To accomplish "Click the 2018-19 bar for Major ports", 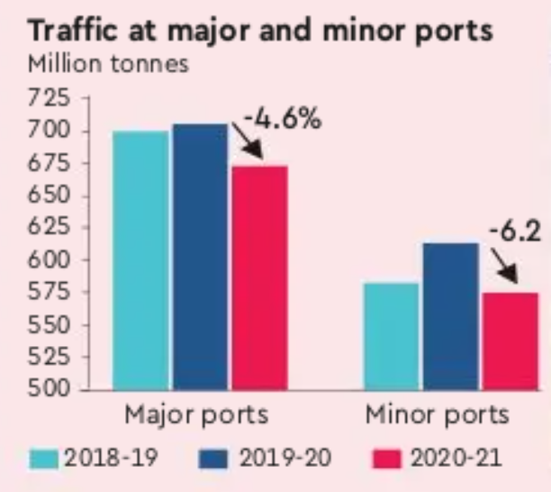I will pyautogui.click(x=140, y=260).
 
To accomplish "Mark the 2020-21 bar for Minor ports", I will pyautogui.click(x=510, y=342).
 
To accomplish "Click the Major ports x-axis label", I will pyautogui.click(x=195, y=416).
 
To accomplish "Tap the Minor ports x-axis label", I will pyautogui.click(x=438, y=416).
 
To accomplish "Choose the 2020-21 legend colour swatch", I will pyautogui.click(x=385, y=460).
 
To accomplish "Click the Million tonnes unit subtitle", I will pyautogui.click(x=96, y=67).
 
